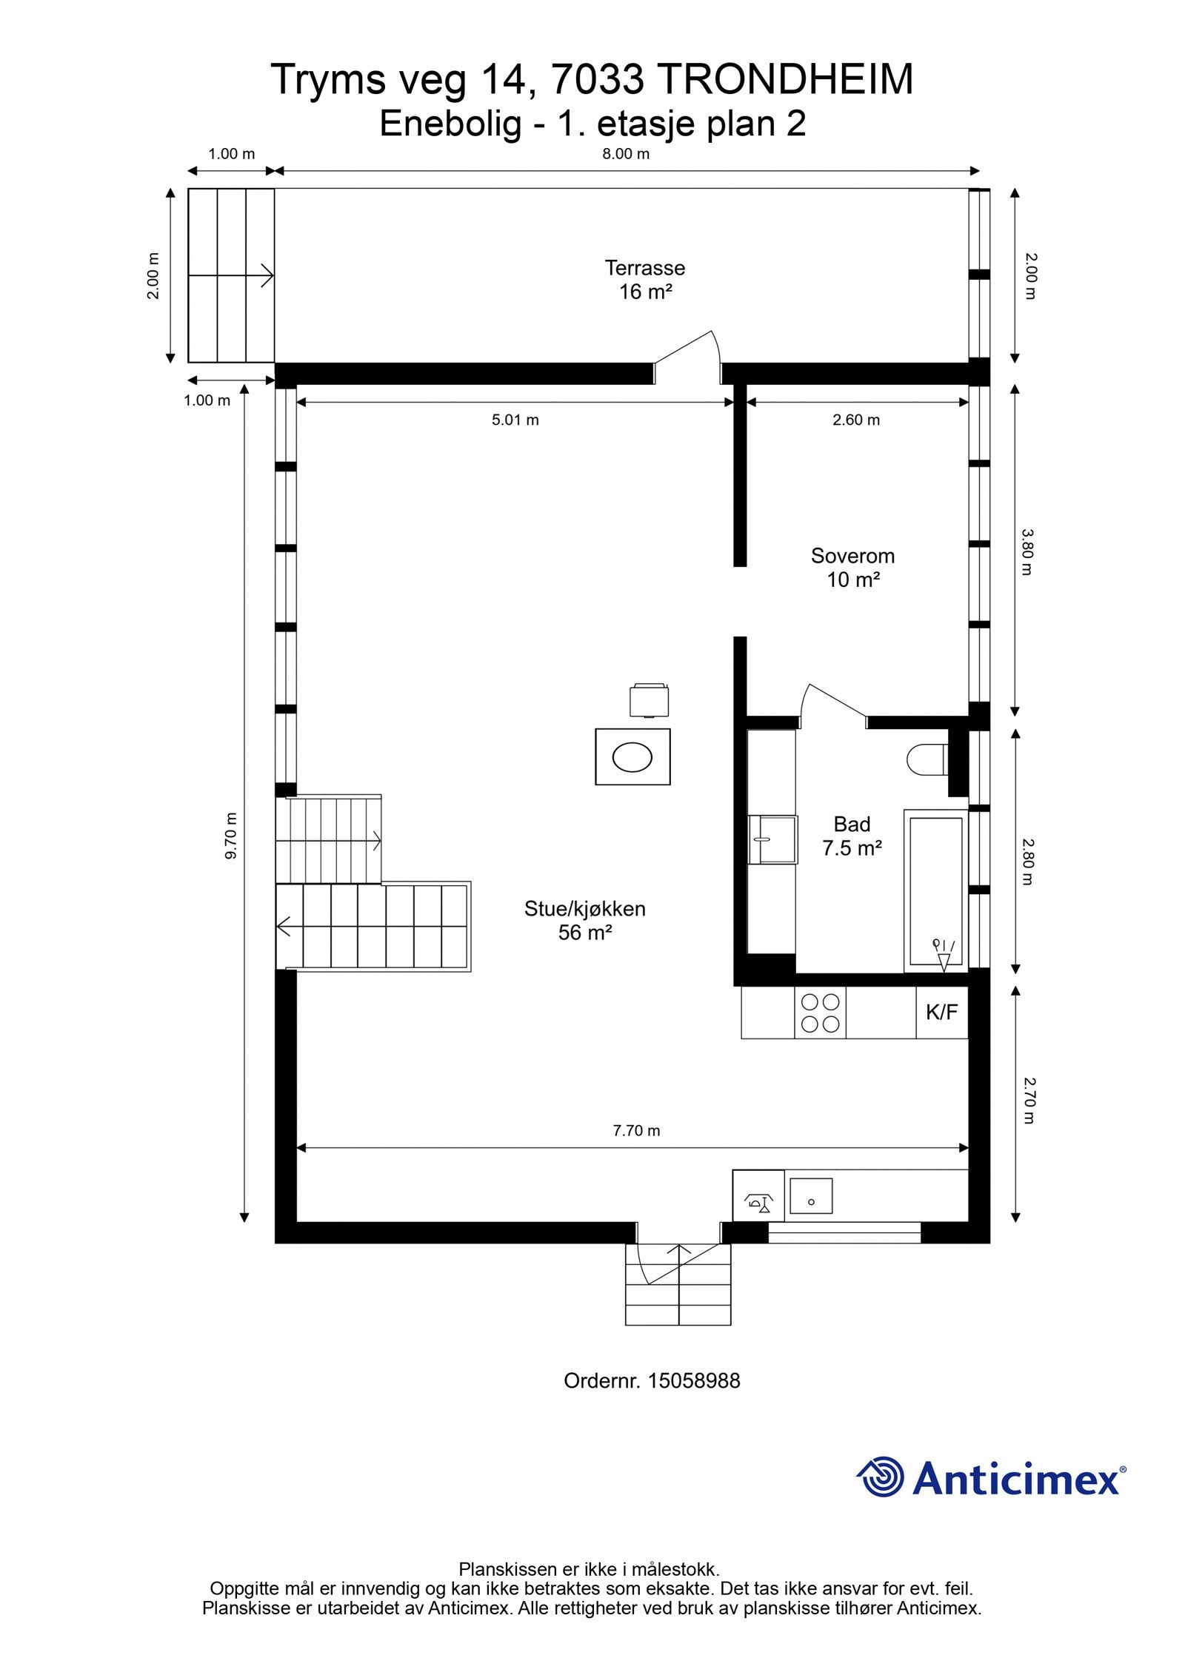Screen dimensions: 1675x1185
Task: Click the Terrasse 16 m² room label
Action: (x=644, y=280)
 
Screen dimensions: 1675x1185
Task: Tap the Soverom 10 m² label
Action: (x=852, y=567)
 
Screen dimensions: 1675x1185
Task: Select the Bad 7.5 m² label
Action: (x=852, y=836)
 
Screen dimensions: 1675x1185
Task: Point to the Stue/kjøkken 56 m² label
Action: (x=584, y=920)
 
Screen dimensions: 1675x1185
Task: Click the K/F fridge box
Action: (x=941, y=1012)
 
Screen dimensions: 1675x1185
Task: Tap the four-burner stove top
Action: (x=820, y=1013)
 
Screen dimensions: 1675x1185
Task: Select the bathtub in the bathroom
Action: (x=935, y=890)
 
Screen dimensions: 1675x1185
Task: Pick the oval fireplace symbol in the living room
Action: (x=632, y=756)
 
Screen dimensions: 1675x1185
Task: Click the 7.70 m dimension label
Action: (x=636, y=1130)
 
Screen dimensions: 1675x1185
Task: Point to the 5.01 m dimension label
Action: (x=515, y=420)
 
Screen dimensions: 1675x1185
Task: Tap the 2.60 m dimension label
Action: (x=855, y=420)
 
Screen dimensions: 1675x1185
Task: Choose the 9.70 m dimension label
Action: (x=230, y=836)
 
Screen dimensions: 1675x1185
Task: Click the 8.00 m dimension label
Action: (x=625, y=154)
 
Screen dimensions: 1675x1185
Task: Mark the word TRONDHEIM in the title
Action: (x=784, y=79)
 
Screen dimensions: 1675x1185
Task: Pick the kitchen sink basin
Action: (x=811, y=1195)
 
